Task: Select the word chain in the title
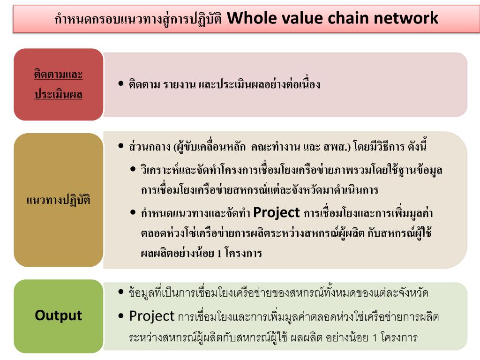(347, 18)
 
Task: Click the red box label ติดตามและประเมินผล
(58, 85)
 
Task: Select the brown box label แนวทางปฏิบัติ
(58, 200)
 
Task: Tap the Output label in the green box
(58, 315)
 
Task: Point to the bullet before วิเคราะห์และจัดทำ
(133, 169)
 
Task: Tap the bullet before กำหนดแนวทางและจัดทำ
(133, 213)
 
